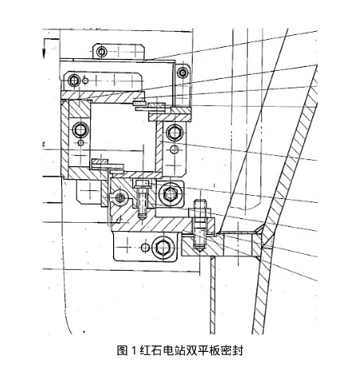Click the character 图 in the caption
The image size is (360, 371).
tap(122, 350)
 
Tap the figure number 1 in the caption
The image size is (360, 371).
tap(134, 351)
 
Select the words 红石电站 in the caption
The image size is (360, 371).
tap(161, 350)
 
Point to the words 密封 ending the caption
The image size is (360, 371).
tap(232, 350)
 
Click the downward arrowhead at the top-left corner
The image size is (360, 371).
tap(45, 53)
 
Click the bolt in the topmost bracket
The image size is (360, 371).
tap(101, 52)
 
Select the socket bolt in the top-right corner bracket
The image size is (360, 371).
tap(182, 72)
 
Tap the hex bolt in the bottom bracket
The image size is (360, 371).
tap(162, 248)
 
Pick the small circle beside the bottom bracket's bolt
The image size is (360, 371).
tap(145, 248)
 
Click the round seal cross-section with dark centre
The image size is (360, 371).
tap(120, 197)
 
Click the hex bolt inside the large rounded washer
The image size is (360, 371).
tap(170, 194)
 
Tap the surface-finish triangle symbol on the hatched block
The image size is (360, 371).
tap(119, 219)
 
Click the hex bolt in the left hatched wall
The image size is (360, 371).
tap(81, 130)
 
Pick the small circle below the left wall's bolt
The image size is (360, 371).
tap(80, 143)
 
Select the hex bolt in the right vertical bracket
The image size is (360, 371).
tap(174, 132)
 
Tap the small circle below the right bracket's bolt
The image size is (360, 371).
tap(174, 150)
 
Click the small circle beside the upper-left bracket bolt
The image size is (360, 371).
tap(85, 80)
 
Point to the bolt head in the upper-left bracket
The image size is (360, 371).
tap(73, 80)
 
